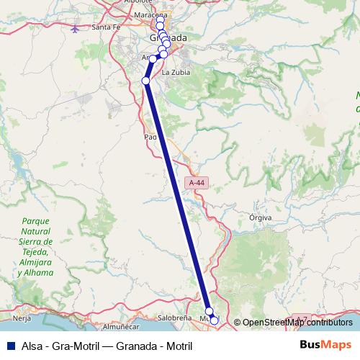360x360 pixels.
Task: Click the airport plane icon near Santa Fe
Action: tap(76, 29)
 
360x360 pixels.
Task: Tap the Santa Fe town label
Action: tap(105, 27)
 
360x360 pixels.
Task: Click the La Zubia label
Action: tap(175, 72)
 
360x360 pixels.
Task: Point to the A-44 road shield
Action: tap(196, 184)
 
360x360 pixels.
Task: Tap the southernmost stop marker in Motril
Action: tap(214, 320)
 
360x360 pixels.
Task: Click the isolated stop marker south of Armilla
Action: tap(145, 81)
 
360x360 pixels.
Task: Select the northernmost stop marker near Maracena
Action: tap(159, 17)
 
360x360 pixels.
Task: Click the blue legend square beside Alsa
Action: tap(9, 346)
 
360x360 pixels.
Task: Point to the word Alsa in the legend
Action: tap(33, 346)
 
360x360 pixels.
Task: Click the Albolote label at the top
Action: tap(138, 2)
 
